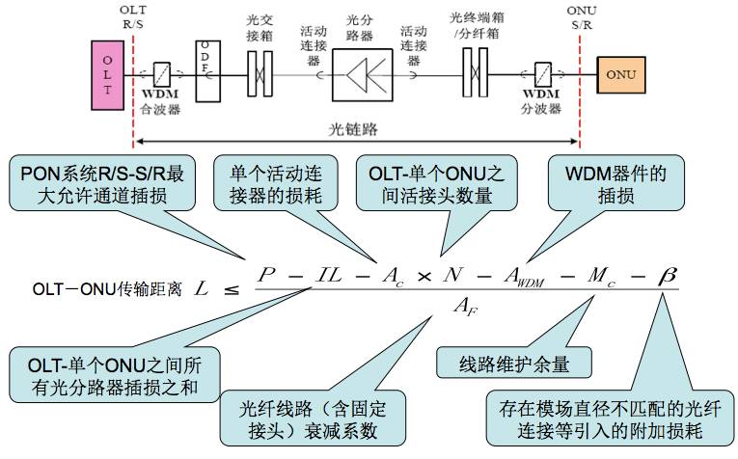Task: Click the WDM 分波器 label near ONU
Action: point(541,102)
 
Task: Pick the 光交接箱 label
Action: point(259,26)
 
